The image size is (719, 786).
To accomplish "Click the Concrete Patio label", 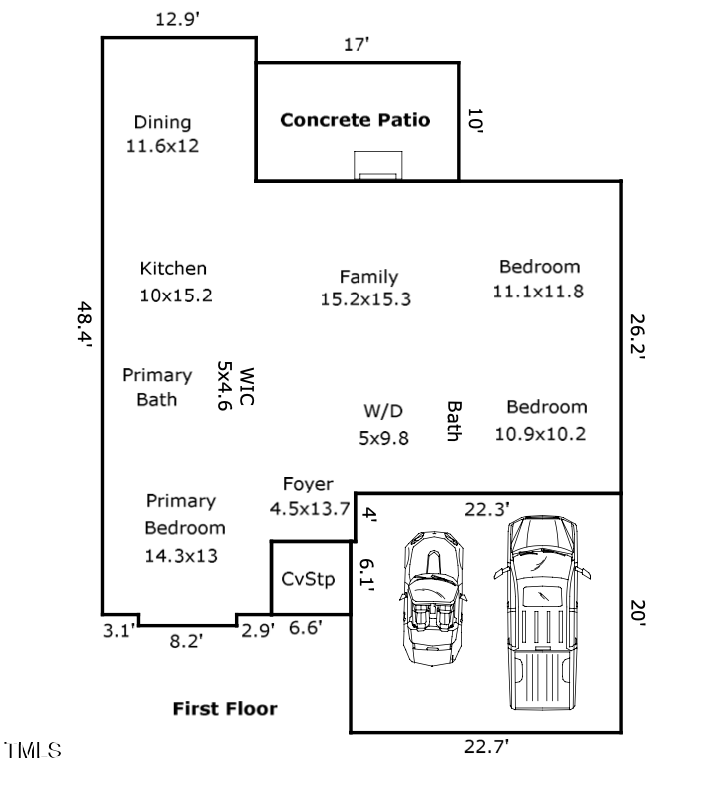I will pyautogui.click(x=356, y=120).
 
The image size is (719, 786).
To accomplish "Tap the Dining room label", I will pyautogui.click(x=162, y=123).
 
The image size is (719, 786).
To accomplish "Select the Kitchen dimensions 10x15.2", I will pyautogui.click(x=175, y=295).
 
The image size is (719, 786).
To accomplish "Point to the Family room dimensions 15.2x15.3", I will pyautogui.click(x=365, y=299).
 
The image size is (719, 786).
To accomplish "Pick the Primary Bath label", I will pyautogui.click(x=157, y=387).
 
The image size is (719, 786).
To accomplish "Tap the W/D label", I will pyautogui.click(x=383, y=411).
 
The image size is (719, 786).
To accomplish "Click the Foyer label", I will pyautogui.click(x=308, y=484).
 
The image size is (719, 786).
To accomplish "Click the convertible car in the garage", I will pyautogui.click(x=433, y=600).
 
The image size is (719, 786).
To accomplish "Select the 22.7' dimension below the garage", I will pyautogui.click(x=488, y=747).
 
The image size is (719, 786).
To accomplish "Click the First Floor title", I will pyautogui.click(x=225, y=709).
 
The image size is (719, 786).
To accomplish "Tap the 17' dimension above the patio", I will pyautogui.click(x=356, y=44).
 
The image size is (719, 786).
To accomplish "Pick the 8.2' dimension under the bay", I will pyautogui.click(x=186, y=642).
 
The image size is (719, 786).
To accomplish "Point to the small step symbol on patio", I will pyautogui.click(x=379, y=166).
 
